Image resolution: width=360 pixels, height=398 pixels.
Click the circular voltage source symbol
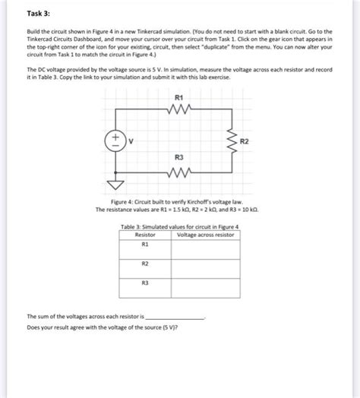click(118, 140)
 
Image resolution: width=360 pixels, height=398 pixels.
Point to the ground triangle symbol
click(118, 184)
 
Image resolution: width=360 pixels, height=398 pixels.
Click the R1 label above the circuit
click(178, 97)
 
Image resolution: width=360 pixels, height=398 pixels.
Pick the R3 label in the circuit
click(178, 157)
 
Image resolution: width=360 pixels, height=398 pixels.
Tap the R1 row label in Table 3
click(144, 245)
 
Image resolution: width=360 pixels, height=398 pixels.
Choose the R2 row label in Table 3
click(144, 264)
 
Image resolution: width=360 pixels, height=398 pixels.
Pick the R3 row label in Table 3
click(144, 283)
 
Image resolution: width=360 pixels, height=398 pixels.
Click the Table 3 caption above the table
click(180, 227)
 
